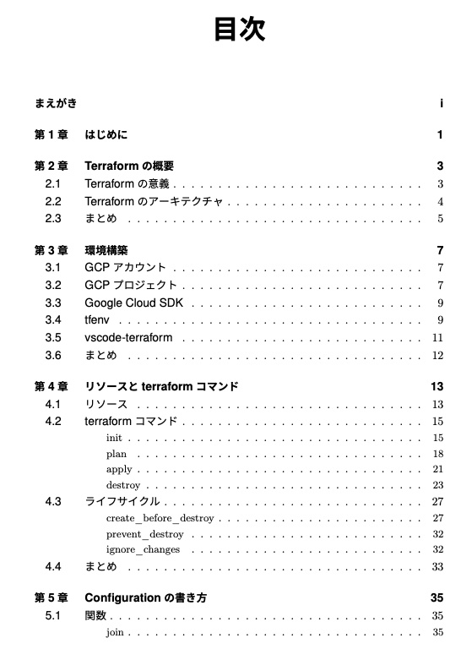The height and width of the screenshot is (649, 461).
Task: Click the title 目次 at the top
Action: (x=239, y=29)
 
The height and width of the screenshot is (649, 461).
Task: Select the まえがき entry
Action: (x=56, y=104)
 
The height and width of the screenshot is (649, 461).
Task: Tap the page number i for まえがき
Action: (x=442, y=104)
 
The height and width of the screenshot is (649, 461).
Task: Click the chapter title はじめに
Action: (x=106, y=135)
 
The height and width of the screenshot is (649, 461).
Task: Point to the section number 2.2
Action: (x=53, y=202)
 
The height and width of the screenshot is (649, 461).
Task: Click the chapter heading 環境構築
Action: (x=106, y=251)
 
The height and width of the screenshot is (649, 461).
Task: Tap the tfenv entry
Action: (x=97, y=320)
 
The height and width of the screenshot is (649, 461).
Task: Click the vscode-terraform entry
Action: (x=128, y=338)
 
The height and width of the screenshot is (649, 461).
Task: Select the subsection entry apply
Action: (x=119, y=470)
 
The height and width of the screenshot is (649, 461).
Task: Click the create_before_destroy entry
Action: (x=160, y=518)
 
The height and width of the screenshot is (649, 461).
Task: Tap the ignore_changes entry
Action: (x=143, y=550)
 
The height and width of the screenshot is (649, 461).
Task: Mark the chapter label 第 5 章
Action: (x=51, y=598)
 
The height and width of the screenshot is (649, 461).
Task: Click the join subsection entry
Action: (x=116, y=632)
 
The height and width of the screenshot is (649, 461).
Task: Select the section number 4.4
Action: (x=53, y=566)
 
